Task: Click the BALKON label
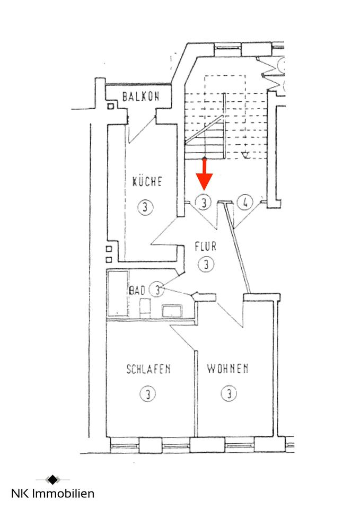pos(141,96)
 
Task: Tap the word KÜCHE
pos(147,181)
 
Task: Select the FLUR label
pos(205,247)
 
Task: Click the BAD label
pos(137,290)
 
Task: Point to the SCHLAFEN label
pos(148,369)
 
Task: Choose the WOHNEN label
pos(227,368)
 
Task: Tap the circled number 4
pos(245,203)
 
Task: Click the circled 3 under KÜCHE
pos(145,207)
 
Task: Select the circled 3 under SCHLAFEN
pos(148,394)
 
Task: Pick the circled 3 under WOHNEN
pos(229,393)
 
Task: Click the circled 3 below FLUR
pos(206,264)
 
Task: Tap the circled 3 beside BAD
pos(157,289)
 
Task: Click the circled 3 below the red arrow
pos(204,203)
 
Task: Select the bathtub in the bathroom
pos(118,293)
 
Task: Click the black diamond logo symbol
pos(52,479)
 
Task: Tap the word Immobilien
pos(64,494)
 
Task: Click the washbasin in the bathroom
pos(172,311)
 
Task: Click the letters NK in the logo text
pos(20,494)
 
